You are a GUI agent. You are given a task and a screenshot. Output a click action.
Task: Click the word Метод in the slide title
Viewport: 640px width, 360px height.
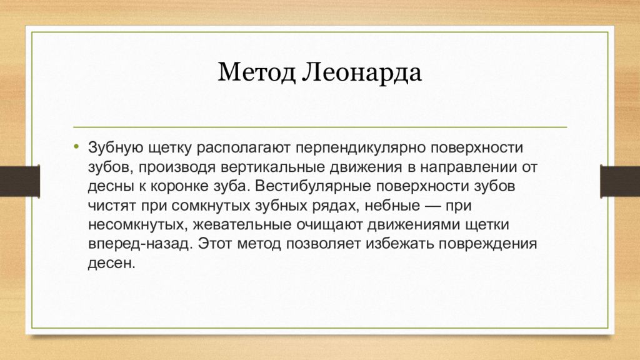[257, 74]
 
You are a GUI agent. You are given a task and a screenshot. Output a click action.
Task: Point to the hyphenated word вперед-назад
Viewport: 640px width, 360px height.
[137, 243]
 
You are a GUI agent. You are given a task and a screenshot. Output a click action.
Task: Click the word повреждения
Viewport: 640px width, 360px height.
[491, 243]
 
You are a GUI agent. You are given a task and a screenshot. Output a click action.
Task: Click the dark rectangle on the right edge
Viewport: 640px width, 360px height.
[619, 181]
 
